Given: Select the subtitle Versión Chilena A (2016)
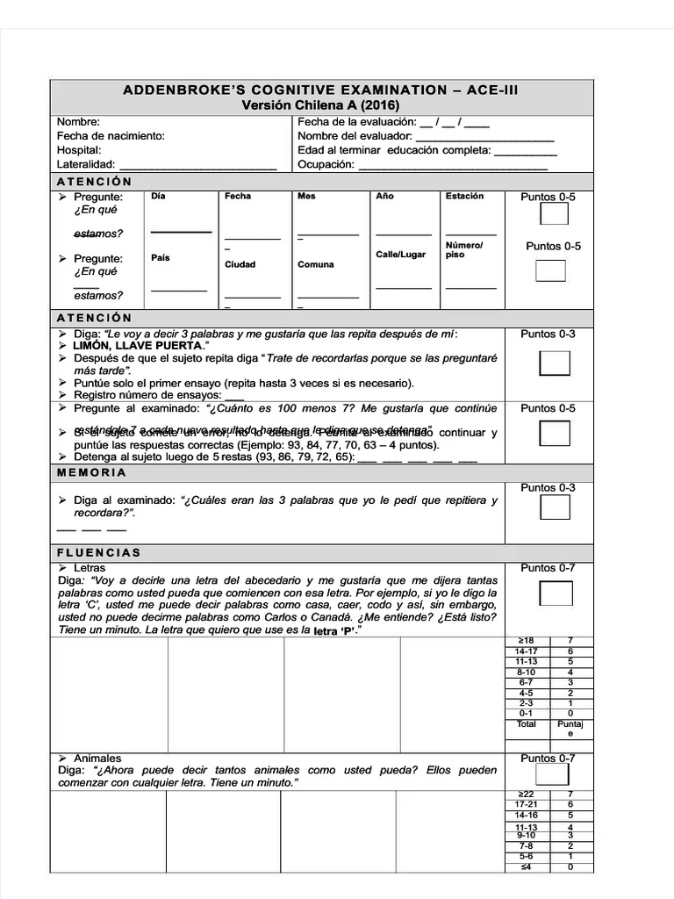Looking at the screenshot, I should [321, 104].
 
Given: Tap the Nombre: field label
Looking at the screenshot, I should [78, 122].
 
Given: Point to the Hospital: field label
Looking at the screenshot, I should [79, 150].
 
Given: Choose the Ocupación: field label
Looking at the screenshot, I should [326, 164].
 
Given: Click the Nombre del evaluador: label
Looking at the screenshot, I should [354, 136].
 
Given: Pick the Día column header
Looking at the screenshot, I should [158, 196].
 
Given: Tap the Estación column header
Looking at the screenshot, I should [464, 196].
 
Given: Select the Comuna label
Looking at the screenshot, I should [315, 264].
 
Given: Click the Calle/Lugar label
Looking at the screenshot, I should [400, 255].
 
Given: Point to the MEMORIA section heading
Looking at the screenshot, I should [91, 472].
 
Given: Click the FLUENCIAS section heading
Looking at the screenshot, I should [98, 553].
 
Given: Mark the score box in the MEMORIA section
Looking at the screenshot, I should [555, 508].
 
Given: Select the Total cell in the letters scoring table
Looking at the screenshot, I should [526, 723].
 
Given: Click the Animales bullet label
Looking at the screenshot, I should [97, 758].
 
